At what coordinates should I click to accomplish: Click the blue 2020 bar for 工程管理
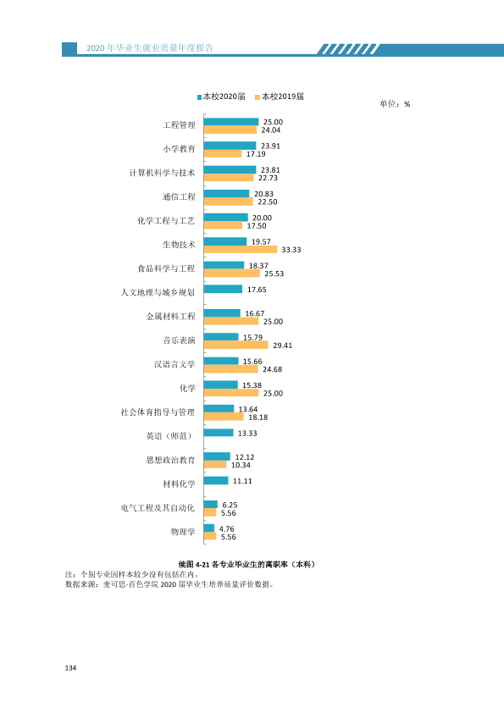pos(231,122)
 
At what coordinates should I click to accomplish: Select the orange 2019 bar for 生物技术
pos(241,249)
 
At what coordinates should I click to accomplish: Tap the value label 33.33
pos(291,250)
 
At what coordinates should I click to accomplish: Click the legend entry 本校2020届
pos(221,97)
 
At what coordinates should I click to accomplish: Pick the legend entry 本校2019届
pos(280,97)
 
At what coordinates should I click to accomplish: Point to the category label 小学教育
pos(180,149)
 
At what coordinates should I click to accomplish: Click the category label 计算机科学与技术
pos(163,173)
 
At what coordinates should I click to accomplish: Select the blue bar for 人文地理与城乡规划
pos(223,290)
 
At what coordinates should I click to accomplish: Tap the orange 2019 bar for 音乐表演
pos(236,345)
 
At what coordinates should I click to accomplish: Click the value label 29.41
pos(282,345)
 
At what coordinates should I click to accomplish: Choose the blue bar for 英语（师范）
pos(219,433)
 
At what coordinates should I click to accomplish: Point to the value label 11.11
pos(242,481)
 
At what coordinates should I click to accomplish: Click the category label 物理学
pos(183,532)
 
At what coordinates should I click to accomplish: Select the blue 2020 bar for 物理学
pos(208,528)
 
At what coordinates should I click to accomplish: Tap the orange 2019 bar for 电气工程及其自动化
pos(210,512)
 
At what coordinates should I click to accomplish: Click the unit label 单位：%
pos(395,104)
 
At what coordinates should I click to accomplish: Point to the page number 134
pos(70,668)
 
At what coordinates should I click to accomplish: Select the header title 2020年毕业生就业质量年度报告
pos(150,48)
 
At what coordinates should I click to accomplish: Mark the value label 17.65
pos(257,290)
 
